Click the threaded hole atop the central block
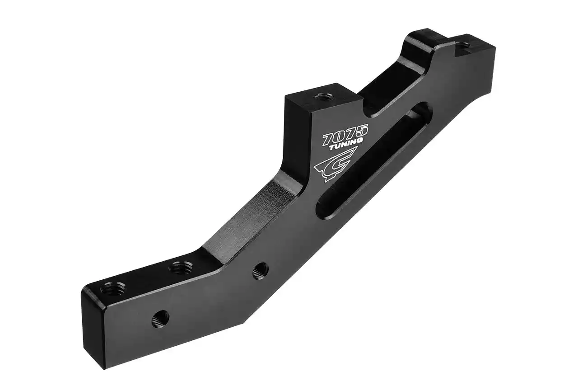pyautogui.click(x=322, y=96)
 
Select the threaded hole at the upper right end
pyautogui.click(x=462, y=45)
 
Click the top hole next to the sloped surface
pyautogui.click(x=180, y=268)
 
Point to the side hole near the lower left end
pyautogui.click(x=160, y=318)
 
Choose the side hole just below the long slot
pyautogui.click(x=260, y=271)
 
